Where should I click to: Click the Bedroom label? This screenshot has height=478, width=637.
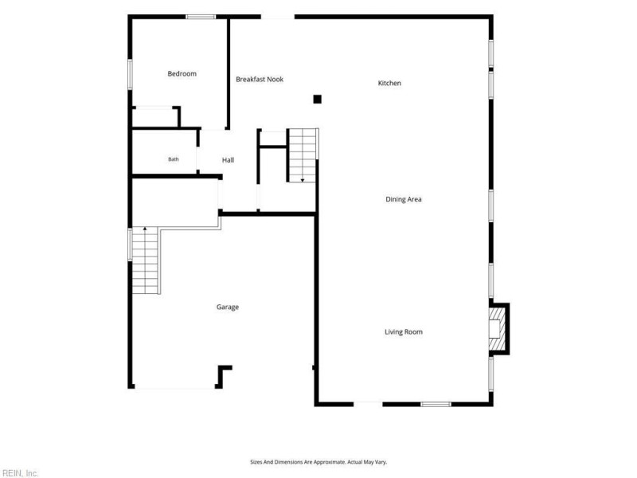pyautogui.click(x=182, y=73)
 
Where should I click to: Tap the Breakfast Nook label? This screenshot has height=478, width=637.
pyautogui.click(x=260, y=79)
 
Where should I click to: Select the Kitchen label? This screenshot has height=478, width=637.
pyautogui.click(x=389, y=83)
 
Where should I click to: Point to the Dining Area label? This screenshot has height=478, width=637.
pyautogui.click(x=404, y=199)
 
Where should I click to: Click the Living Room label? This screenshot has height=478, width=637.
pyautogui.click(x=404, y=331)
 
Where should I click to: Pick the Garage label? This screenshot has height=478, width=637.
pyautogui.click(x=228, y=307)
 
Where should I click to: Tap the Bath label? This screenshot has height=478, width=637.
pyautogui.click(x=174, y=159)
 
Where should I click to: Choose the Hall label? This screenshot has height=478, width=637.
pyautogui.click(x=228, y=160)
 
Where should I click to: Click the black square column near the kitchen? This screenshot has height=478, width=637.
pyautogui.click(x=317, y=99)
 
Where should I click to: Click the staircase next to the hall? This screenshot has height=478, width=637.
pyautogui.click(x=303, y=155)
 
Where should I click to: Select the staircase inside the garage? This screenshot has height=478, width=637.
pyautogui.click(x=145, y=261)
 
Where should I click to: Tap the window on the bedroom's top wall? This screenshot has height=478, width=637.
pyautogui.click(x=201, y=17)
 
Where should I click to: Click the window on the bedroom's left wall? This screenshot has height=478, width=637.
pyautogui.click(x=130, y=74)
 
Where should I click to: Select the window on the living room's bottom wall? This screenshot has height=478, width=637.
pyautogui.click(x=436, y=404)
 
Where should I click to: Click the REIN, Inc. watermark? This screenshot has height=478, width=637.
pyautogui.click(x=19, y=473)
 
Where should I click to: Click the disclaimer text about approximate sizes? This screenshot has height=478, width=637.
pyautogui.click(x=318, y=462)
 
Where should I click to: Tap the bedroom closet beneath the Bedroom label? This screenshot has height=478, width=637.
pyautogui.click(x=155, y=117)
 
